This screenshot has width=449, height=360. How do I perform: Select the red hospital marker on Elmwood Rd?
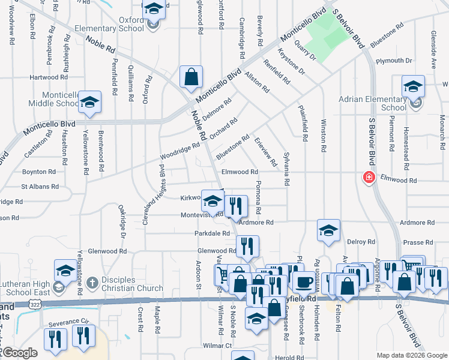coord(369,178)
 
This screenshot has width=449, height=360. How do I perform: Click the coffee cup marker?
coord(304,281)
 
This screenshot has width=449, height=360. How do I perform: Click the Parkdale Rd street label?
coord(212,233)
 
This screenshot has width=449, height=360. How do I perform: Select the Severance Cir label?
coord(64,323)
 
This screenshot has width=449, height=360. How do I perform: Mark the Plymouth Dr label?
coord(394,61)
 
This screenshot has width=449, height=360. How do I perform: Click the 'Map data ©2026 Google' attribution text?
coord(412,355)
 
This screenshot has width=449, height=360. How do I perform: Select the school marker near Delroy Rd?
coord(328,232)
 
